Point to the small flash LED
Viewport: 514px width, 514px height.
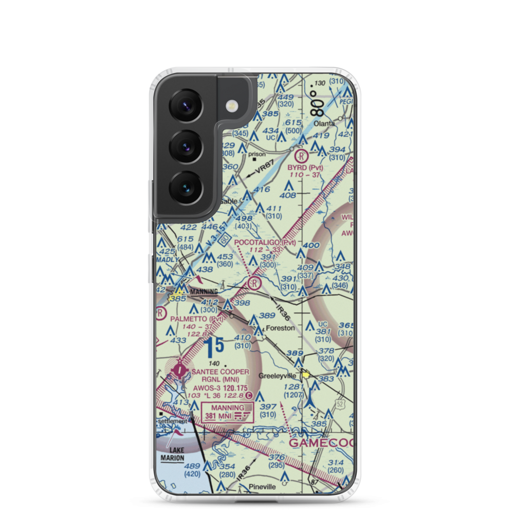tap(232, 106)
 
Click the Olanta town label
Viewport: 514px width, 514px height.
tap(325, 123)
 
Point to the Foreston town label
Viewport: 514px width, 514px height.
tap(280, 327)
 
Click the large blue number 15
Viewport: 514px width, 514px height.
tap(213, 347)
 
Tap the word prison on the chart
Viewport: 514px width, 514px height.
tap(257, 154)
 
